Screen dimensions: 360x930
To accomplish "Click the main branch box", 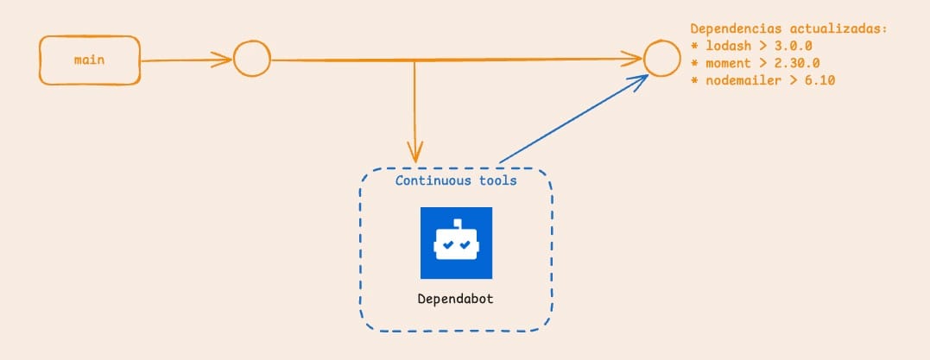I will (x=90, y=60).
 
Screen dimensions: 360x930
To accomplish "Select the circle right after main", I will (x=252, y=60).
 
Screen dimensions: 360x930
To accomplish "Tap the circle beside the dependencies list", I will (x=660, y=60).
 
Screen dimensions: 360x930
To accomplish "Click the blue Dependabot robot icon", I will (x=456, y=243).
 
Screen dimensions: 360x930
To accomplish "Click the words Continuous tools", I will (x=456, y=180).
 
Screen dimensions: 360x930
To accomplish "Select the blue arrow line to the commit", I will (x=570, y=121).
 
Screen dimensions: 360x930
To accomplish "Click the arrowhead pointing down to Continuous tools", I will (x=415, y=154).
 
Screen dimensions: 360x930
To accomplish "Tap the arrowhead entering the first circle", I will (x=226, y=60).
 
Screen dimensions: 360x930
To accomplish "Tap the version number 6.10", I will (x=817, y=80).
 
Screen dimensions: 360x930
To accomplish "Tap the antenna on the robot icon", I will (x=456, y=223).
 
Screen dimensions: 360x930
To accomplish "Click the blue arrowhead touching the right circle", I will (x=641, y=79).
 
